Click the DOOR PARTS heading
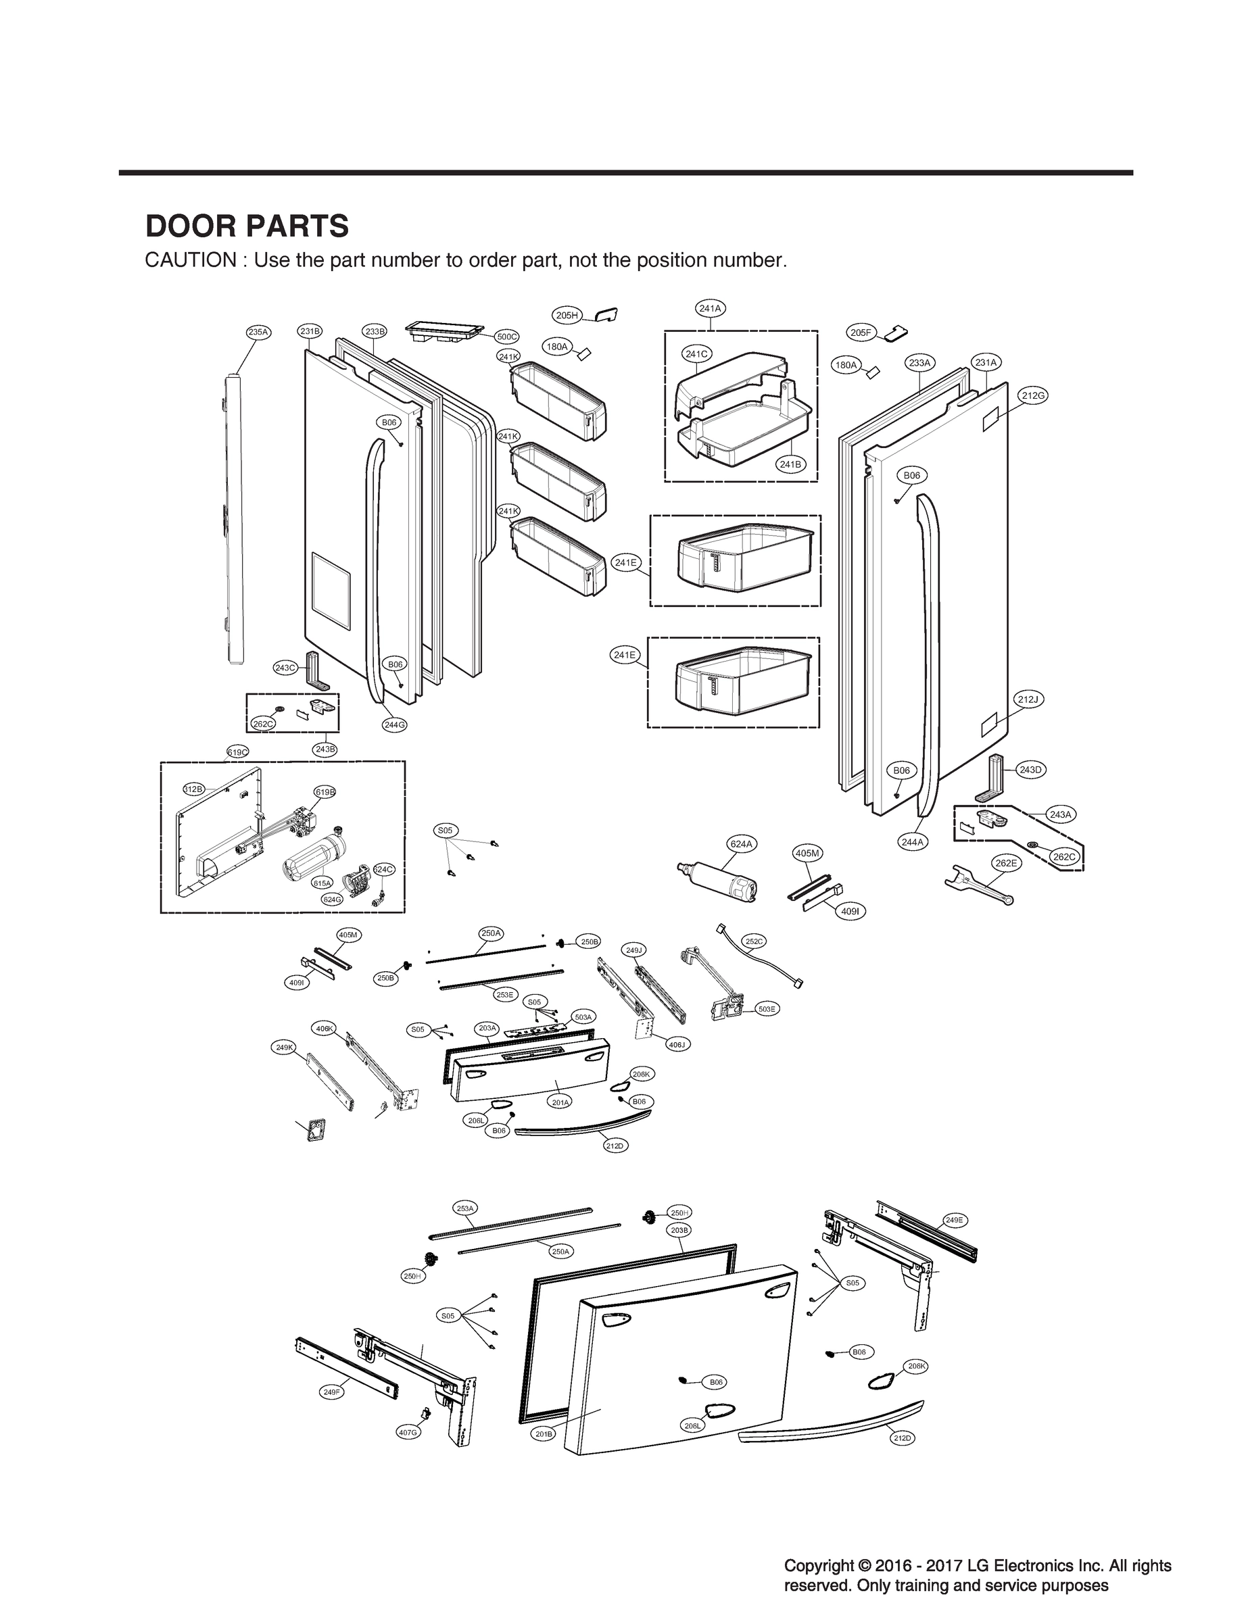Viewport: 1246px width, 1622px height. point(247,226)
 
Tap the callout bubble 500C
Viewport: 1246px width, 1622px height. point(507,337)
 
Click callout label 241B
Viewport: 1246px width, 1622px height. point(790,464)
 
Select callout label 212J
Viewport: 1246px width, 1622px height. point(1029,699)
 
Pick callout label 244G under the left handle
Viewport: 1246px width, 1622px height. point(395,724)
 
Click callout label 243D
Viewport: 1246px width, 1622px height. point(1030,770)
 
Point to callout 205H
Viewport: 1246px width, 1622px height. point(567,316)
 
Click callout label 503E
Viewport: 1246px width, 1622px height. point(767,1009)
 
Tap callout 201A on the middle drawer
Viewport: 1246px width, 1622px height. point(560,1102)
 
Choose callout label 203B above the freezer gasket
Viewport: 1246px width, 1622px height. point(679,1230)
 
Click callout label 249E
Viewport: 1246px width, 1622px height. point(955,1219)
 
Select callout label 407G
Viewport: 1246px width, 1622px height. point(408,1432)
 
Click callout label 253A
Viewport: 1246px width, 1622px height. point(465,1208)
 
